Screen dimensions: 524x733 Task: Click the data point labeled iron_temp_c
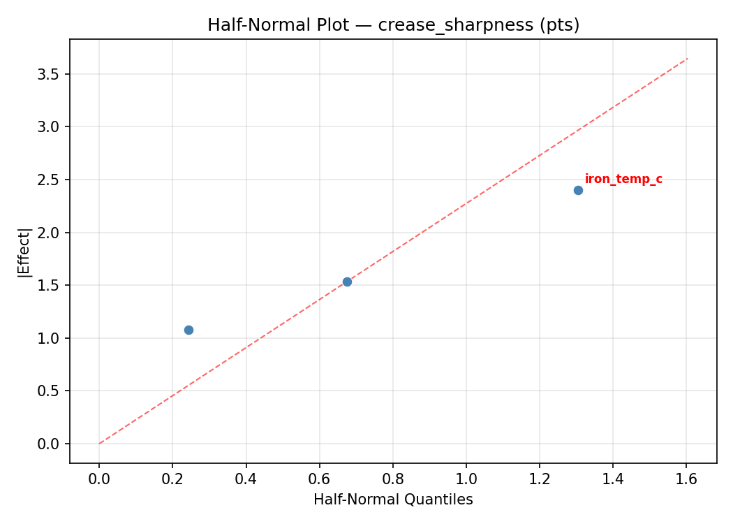tap(578, 190)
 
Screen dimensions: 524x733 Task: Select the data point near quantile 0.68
tap(347, 282)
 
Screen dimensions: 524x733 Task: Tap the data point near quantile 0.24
tap(188, 330)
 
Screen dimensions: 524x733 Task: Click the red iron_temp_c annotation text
tap(623, 180)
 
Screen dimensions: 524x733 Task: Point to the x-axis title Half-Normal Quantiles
tap(393, 500)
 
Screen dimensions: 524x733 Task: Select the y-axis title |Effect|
tap(25, 252)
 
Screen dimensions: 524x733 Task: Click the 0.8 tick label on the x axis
tap(392, 479)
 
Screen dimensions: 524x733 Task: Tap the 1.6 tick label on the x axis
tap(686, 479)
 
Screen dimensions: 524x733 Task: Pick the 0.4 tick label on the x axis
tap(246, 479)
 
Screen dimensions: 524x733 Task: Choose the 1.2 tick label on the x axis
tap(540, 479)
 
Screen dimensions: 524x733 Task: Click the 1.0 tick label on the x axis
tap(466, 479)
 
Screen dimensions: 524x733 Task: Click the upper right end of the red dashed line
tap(688, 58)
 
